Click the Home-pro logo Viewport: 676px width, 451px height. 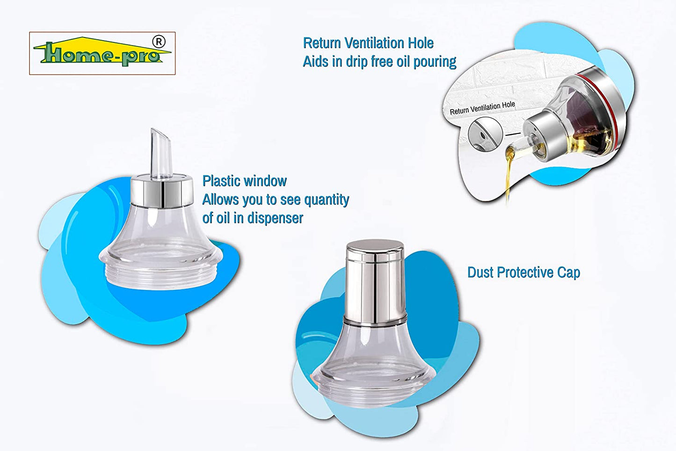[x=102, y=53]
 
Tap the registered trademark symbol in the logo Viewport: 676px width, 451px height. [x=159, y=42]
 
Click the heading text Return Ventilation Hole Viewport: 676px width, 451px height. [x=368, y=43]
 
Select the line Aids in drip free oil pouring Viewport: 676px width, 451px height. [x=379, y=61]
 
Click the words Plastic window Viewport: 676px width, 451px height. [x=244, y=181]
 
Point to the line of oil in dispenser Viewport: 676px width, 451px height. [x=253, y=218]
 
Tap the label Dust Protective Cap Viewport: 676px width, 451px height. [x=523, y=272]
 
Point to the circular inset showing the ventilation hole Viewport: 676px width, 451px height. [x=485, y=134]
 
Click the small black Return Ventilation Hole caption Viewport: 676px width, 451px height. [x=482, y=108]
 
